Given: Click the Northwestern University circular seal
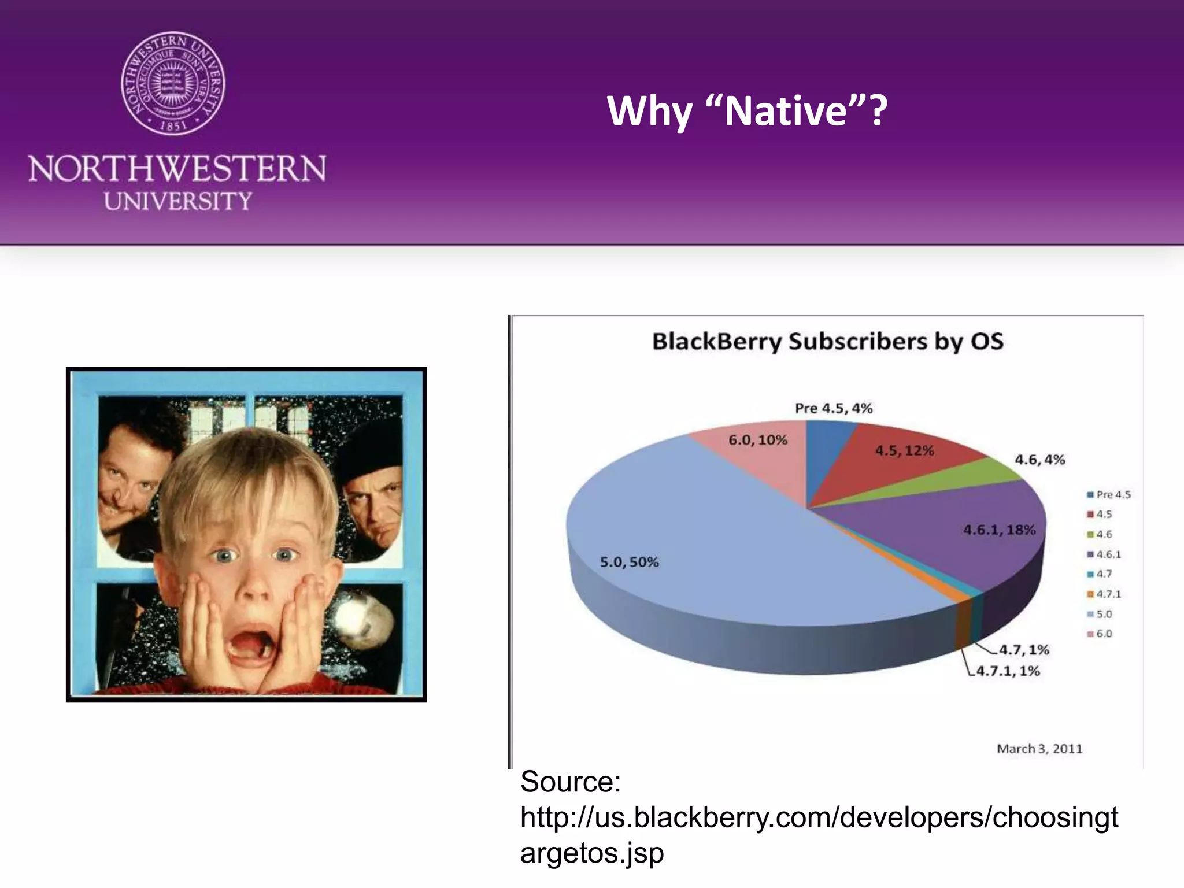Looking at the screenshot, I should click(x=173, y=83).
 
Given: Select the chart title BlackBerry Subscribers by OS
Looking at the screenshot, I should click(x=827, y=341).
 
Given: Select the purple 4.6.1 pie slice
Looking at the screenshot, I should click(x=954, y=538).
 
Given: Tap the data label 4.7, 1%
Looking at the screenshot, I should click(x=1024, y=650).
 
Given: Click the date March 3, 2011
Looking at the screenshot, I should click(x=1039, y=749).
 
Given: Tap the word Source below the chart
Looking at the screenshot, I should click(x=570, y=782).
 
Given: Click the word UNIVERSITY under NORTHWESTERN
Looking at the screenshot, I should click(x=177, y=201).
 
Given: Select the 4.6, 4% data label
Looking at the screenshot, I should click(x=1039, y=460).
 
